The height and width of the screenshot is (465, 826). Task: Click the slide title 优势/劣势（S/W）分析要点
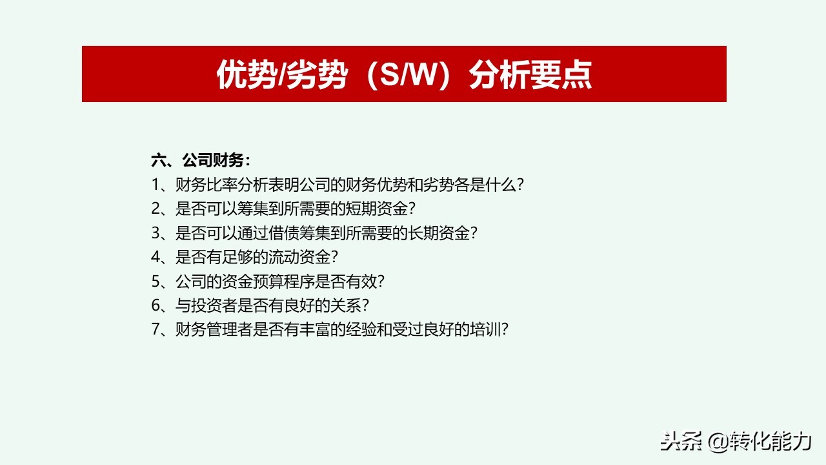[x=404, y=75]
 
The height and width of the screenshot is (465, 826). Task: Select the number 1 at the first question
[x=156, y=185]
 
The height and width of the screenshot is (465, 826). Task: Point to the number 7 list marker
[x=156, y=329]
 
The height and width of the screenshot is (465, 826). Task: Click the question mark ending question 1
[x=519, y=185]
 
